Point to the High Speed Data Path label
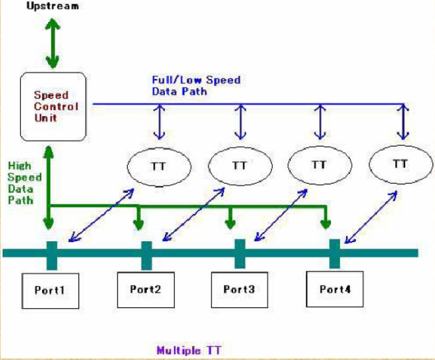click(25, 183)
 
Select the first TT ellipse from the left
click(158, 167)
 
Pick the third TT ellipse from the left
click(319, 165)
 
